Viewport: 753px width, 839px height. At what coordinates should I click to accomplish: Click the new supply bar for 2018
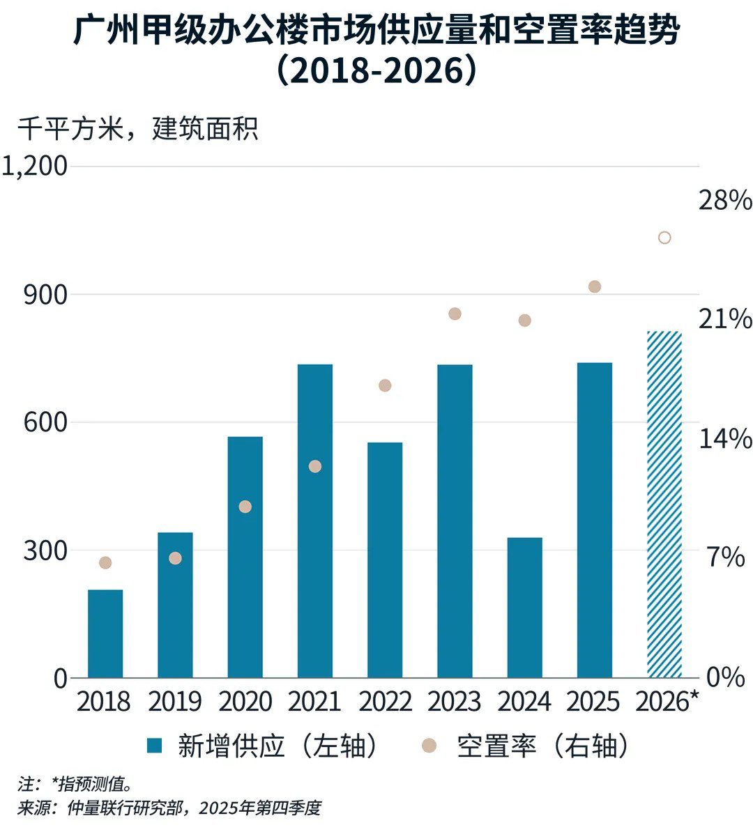pos(105,633)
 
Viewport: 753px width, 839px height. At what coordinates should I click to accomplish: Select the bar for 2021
pos(315,521)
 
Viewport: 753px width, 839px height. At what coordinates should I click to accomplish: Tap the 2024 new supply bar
pos(524,607)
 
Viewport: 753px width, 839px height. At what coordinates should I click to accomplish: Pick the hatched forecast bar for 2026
pos(664,504)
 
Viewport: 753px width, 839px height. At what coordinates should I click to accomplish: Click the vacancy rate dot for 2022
pos(385,385)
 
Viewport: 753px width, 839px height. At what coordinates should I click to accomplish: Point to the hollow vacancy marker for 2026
pos(664,238)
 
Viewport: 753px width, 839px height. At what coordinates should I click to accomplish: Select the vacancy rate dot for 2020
pos(245,507)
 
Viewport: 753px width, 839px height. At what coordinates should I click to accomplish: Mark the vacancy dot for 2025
pos(595,286)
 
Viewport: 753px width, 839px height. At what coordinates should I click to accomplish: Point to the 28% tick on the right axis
pos(725,201)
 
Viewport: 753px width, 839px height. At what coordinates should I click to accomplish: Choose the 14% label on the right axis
pos(725,439)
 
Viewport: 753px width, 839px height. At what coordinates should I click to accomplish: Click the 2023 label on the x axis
pos(455,702)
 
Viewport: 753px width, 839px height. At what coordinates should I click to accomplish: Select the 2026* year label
pos(666,702)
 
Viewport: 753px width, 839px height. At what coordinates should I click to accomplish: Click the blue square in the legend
pos(154,746)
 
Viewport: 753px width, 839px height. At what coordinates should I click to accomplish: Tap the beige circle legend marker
pos(429,746)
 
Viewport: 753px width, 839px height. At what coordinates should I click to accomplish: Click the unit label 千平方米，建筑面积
pos(137,129)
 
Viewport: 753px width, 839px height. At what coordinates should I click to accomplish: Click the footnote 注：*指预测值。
pos(75,784)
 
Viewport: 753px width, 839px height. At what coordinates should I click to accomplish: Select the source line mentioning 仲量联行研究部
pos(169,808)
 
